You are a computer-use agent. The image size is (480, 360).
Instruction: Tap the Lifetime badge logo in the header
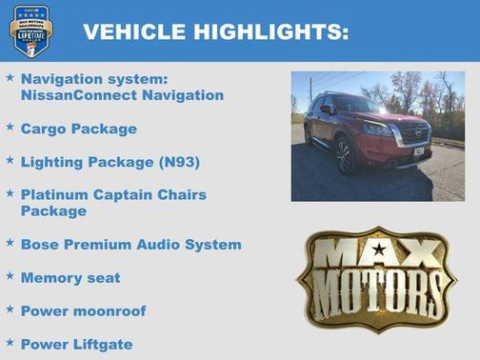(30, 31)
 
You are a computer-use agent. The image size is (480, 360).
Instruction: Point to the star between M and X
(379, 250)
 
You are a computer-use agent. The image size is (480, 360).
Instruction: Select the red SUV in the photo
(370, 131)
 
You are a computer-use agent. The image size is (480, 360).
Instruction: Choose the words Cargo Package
(78, 129)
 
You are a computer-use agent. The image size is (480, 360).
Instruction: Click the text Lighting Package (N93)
(110, 162)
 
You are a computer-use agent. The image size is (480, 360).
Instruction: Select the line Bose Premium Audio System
(130, 245)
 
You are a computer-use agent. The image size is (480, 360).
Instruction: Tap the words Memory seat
(70, 278)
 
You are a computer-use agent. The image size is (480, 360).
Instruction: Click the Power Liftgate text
(76, 344)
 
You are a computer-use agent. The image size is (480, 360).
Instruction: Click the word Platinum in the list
(52, 195)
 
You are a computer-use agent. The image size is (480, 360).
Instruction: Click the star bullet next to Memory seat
(10, 276)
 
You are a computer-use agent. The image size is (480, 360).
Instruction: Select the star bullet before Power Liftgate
(10, 342)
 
